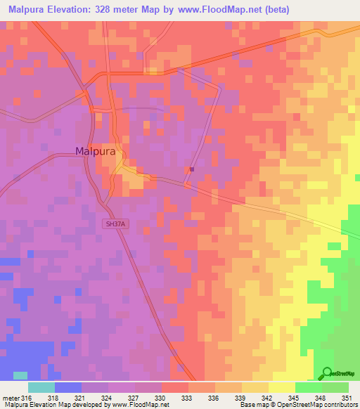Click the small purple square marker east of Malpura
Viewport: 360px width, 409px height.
(191, 169)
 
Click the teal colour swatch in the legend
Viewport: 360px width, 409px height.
(41, 387)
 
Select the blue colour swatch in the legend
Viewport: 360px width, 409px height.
(68, 387)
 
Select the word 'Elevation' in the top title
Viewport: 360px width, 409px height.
(72, 9)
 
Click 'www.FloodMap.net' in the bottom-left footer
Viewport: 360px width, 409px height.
(140, 405)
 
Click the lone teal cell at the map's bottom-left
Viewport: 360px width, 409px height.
(21, 376)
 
